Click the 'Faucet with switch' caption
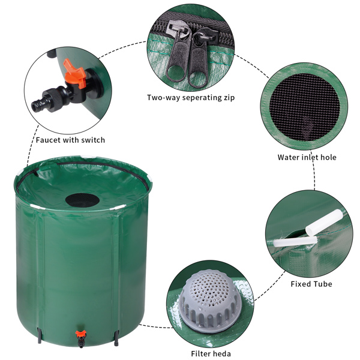point(70,140)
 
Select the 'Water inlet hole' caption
point(307,157)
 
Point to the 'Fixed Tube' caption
point(311,284)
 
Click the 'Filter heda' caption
point(211,353)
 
